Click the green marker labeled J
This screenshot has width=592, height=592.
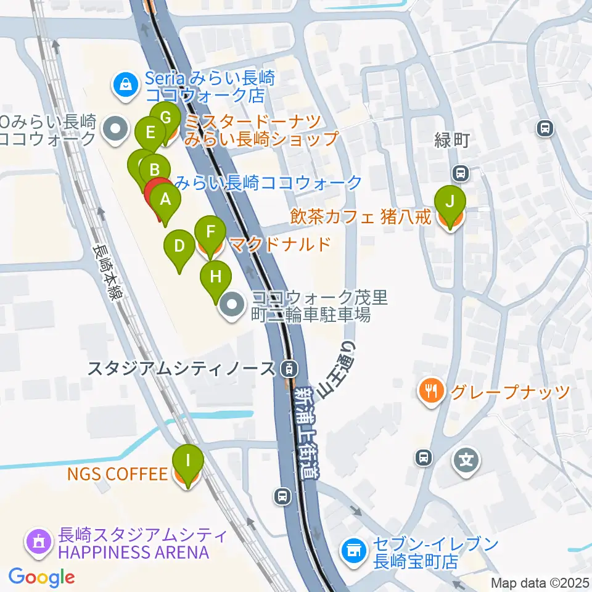(x=450, y=202)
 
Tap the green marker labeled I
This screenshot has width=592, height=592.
(x=188, y=460)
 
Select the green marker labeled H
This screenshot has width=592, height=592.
(x=215, y=276)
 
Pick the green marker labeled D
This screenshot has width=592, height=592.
(x=179, y=247)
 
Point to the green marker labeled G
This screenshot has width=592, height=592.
(x=165, y=117)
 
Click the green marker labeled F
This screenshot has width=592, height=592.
(x=210, y=232)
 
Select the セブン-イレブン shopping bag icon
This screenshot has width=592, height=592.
(x=354, y=548)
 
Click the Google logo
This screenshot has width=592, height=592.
(x=41, y=577)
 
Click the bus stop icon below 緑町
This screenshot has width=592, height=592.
(x=460, y=172)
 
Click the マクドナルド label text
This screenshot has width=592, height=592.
(x=280, y=244)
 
